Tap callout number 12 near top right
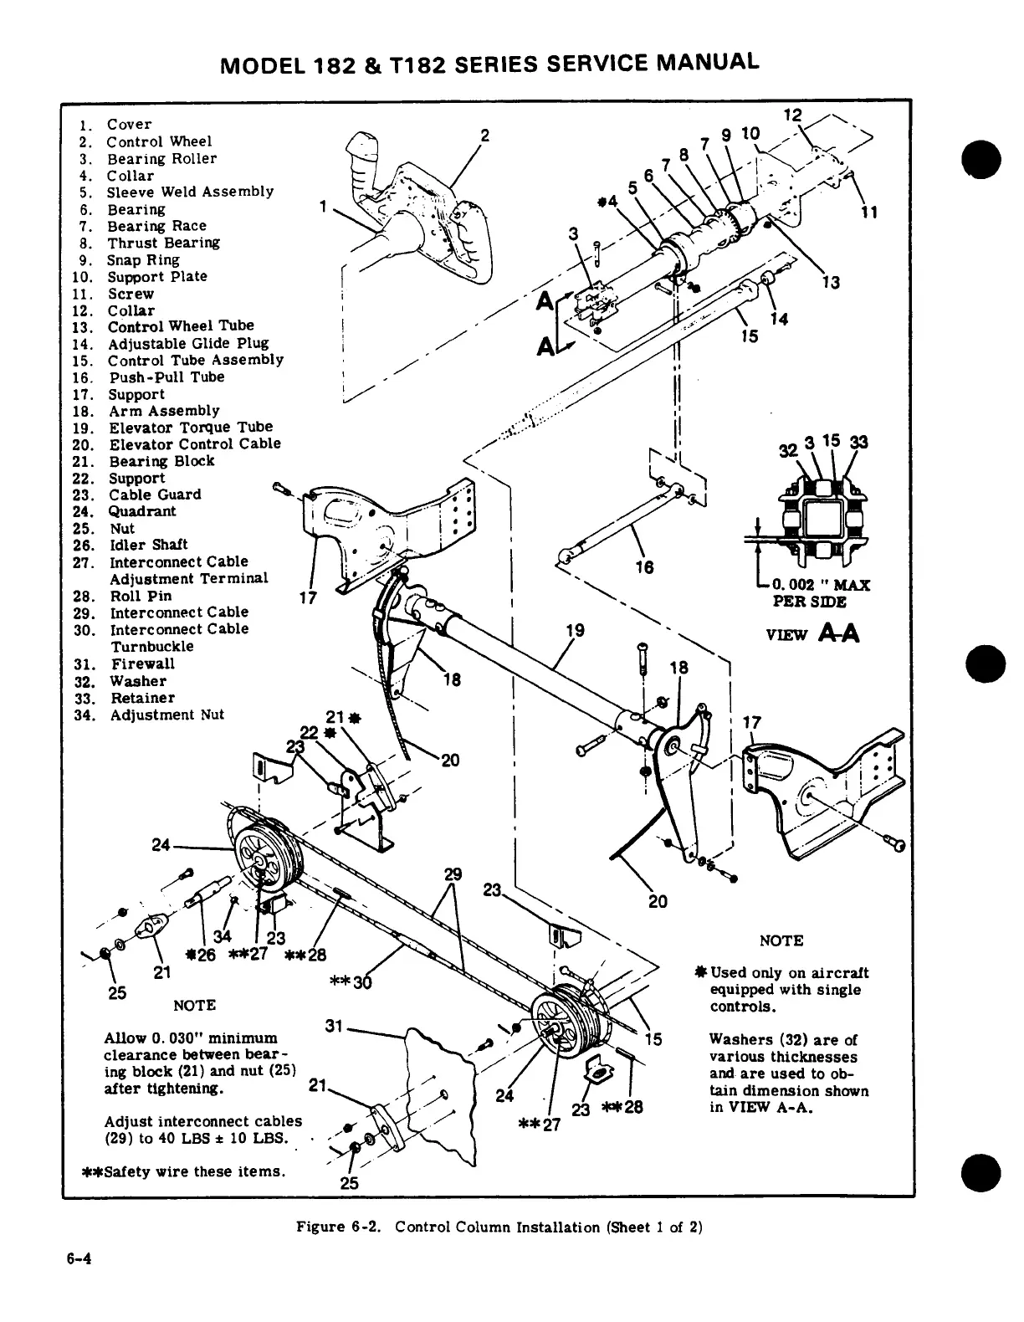point(791,115)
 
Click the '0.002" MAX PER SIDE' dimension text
point(820,592)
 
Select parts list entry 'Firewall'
point(142,664)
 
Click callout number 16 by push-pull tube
point(643,567)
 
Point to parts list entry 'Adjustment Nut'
point(167,715)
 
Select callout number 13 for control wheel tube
point(831,283)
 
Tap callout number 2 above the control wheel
point(484,136)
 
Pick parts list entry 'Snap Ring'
point(143,259)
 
